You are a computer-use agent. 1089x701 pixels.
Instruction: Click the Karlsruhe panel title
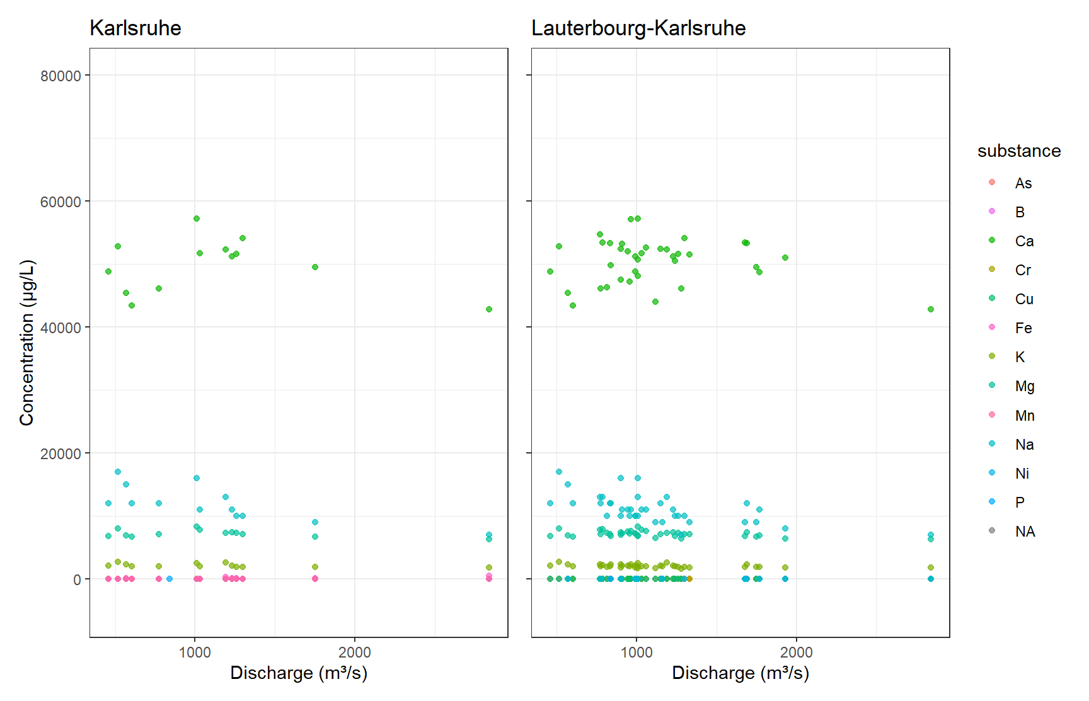coord(135,28)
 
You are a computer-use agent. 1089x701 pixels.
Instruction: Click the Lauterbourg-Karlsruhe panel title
coord(638,28)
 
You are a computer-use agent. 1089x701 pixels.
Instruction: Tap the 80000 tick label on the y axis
coord(60,76)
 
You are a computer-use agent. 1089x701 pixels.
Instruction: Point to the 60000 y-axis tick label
coord(60,202)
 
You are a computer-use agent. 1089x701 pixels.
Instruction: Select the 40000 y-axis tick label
coord(60,328)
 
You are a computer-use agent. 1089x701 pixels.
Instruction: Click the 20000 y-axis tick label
coord(60,454)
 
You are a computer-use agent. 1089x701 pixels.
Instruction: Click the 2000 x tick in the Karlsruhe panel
coord(354,653)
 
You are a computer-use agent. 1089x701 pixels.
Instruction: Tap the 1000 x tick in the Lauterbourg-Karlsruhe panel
coord(637,653)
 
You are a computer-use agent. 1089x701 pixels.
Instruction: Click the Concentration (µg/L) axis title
coord(26,343)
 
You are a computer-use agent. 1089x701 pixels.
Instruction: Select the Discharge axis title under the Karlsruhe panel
coord(299,673)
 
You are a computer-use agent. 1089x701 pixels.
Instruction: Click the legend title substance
coord(1019,151)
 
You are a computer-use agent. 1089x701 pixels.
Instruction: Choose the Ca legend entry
coord(1024,241)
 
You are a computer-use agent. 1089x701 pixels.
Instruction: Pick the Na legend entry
coord(1024,445)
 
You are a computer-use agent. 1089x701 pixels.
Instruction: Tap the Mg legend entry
coord(1024,386)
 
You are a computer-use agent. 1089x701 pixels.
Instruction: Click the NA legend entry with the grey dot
coord(1025,532)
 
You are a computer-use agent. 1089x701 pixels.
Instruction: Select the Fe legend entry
coord(1023,328)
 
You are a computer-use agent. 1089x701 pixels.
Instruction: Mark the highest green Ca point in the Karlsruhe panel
coord(197,219)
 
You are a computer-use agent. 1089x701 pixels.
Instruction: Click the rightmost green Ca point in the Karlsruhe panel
coord(489,309)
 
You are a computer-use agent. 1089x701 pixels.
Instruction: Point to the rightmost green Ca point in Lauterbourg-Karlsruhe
coord(931,309)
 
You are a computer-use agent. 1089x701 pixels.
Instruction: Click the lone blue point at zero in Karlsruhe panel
coord(170,579)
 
